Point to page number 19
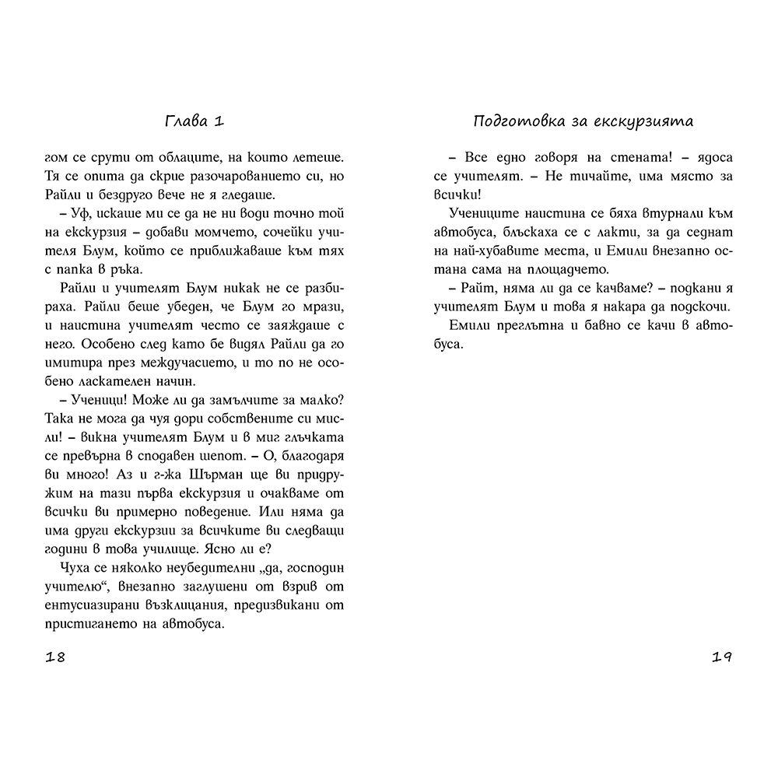coord(722,657)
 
